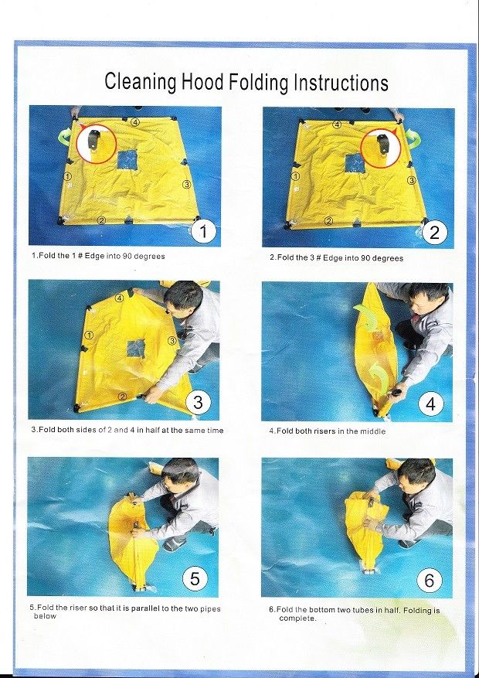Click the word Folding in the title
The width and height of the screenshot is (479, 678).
coord(258,82)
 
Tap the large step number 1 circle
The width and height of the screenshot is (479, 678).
coord(203,232)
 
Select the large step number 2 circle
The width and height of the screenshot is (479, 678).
coord(434,233)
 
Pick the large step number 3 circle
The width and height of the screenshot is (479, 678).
coord(198,403)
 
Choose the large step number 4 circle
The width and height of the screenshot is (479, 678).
coord(430,404)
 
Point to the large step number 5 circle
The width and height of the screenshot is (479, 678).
coord(195,578)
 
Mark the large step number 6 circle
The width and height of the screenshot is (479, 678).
coord(430,580)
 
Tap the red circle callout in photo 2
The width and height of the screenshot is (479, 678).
coord(381,148)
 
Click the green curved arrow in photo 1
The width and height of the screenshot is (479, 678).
coord(66,138)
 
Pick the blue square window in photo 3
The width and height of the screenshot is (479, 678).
coord(136,348)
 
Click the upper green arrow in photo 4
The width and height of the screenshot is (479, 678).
coord(366,315)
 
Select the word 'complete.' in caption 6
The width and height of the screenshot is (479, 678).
coord(297,618)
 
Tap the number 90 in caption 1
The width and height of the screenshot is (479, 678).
coord(127,256)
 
